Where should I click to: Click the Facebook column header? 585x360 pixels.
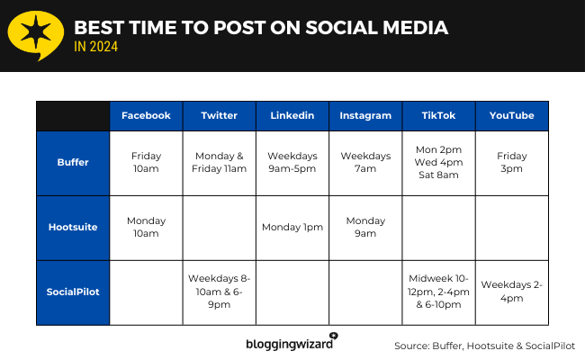146,115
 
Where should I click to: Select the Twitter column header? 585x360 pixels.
220,115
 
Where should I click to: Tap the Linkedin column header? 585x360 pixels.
292,115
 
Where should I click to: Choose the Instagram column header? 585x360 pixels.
365,115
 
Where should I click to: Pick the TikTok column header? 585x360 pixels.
438,115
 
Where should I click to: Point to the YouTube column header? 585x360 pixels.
511,115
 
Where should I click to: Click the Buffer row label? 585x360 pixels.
73,162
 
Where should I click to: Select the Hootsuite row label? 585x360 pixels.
73,227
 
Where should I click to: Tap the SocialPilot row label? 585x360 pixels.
73,292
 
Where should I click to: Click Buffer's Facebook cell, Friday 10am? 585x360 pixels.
146,162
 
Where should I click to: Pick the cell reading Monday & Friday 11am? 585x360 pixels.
220,162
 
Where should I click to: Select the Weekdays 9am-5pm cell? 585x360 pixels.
292,162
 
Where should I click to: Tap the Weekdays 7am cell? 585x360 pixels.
365,162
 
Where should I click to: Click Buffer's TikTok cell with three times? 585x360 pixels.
438,162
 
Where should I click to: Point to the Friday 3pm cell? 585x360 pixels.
511,162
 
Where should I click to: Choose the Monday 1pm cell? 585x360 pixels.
292,227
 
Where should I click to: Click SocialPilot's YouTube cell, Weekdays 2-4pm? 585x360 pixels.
511,292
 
